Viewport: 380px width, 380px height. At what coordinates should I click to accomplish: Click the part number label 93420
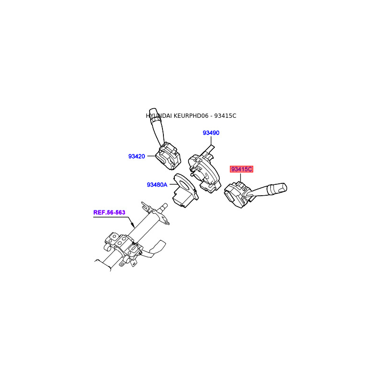[x=136, y=156]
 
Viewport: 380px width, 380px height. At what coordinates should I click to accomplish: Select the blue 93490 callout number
[x=211, y=133]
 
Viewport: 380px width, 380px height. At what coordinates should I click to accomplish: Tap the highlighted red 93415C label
[x=242, y=169]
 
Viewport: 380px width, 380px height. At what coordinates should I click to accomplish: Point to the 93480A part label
[x=157, y=185]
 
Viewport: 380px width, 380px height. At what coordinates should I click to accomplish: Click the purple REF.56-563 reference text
[x=109, y=212]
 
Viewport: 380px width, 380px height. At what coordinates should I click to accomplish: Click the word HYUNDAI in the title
[x=159, y=116]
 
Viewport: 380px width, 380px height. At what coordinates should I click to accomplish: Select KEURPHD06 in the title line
[x=193, y=116]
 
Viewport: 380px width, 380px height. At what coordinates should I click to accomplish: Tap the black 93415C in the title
[x=225, y=116]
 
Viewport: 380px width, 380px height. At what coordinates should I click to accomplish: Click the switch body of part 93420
[x=169, y=156]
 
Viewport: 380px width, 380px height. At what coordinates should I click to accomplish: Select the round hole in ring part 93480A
[x=184, y=184]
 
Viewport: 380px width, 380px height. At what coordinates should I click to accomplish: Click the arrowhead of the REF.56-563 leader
[x=134, y=226]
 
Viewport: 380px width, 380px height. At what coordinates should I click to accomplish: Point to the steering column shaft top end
[x=164, y=206]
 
